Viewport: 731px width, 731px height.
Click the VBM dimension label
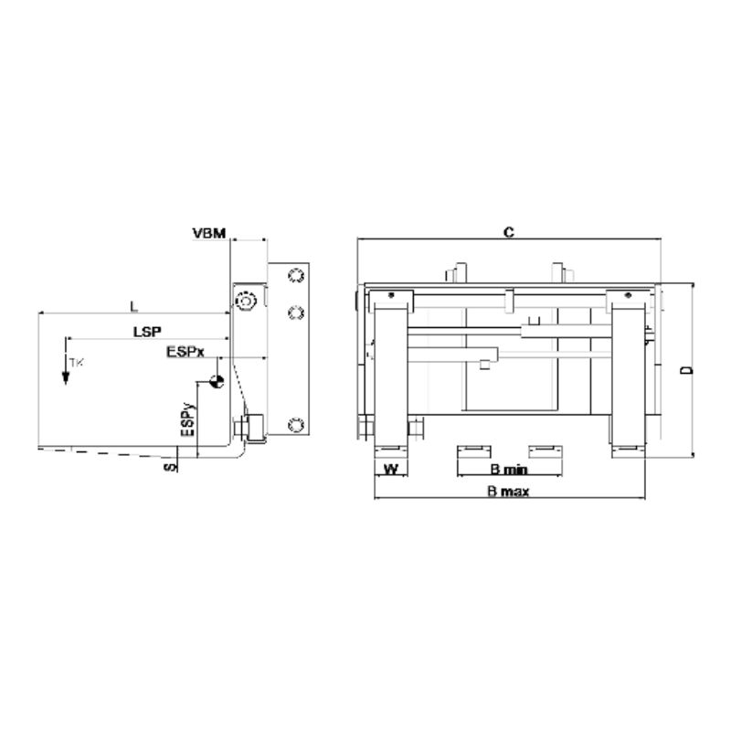209,233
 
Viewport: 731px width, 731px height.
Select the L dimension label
134,306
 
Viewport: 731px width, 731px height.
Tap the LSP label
147,332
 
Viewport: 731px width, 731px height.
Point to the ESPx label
185,352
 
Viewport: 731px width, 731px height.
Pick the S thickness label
171,467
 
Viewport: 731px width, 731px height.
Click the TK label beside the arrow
77,362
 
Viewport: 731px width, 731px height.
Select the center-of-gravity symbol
217,381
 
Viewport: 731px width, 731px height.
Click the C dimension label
509,232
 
